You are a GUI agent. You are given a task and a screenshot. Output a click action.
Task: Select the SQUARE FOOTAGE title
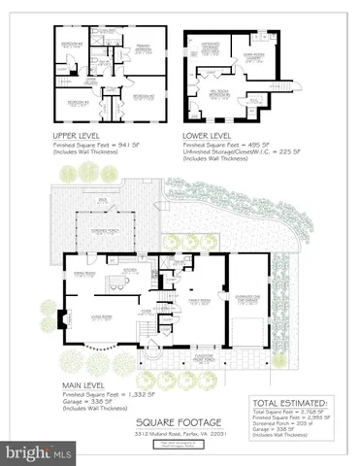coord(179,420)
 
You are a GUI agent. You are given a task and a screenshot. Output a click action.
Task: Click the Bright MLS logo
coord(39,452)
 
